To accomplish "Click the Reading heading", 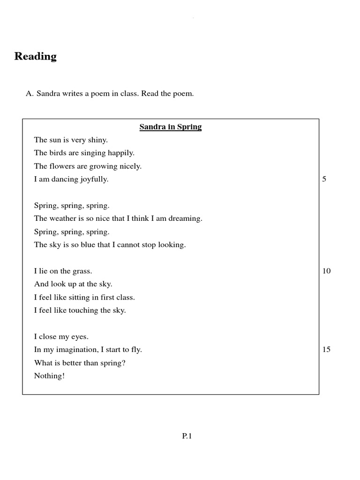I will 36,56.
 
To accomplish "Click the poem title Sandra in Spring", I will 171,127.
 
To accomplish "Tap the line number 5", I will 324,179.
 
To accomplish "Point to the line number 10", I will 326,271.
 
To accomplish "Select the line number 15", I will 326,349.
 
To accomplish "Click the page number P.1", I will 187,436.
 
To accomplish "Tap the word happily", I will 121,153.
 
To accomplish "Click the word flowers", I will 62,166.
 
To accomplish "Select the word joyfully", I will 92,180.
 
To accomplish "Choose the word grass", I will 82,271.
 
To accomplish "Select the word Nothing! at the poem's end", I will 49,376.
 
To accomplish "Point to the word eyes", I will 79,337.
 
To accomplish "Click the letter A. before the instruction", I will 30,94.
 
